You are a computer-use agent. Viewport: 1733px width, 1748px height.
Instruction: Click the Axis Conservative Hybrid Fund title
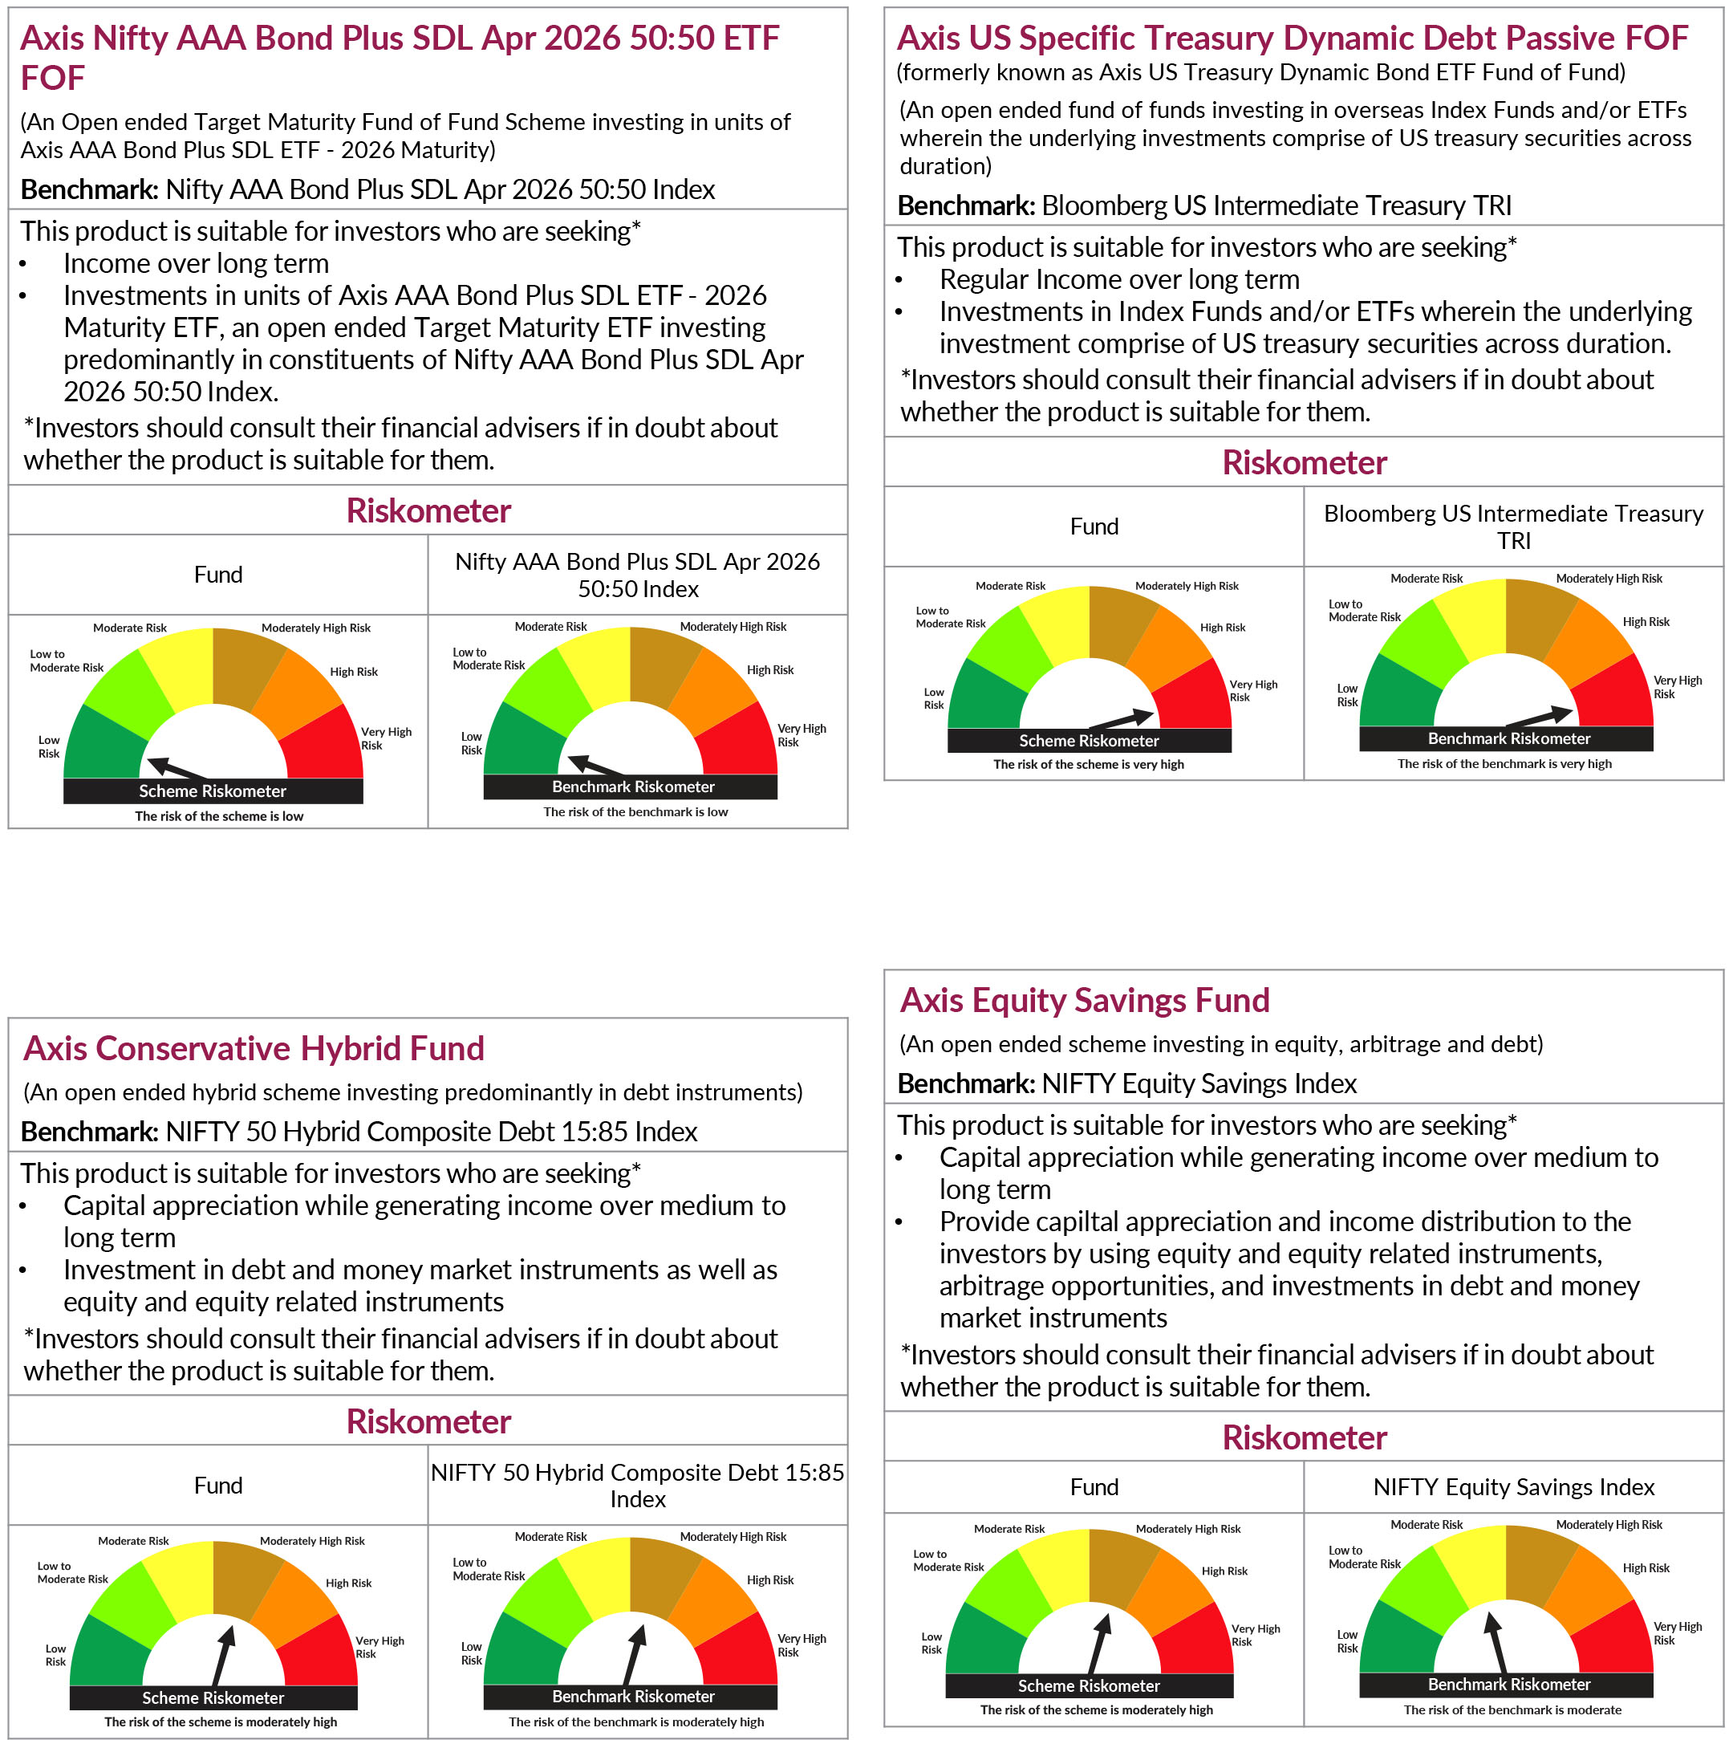254,1047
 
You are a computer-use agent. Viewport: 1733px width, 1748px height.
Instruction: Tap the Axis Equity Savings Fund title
1085,1000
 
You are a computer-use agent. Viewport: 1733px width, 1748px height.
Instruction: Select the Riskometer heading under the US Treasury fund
1304,462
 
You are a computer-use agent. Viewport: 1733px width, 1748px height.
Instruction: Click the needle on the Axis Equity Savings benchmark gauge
1497,1643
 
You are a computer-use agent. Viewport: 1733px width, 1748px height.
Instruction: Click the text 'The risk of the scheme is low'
219,816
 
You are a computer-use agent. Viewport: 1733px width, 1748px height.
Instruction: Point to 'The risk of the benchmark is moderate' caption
1512,1710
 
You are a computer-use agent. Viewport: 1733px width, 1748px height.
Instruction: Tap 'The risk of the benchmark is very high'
1504,763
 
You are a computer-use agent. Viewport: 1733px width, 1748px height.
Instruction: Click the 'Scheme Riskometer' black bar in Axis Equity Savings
1088,1685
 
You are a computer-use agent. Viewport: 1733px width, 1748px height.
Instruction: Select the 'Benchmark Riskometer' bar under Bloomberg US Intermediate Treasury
1508,738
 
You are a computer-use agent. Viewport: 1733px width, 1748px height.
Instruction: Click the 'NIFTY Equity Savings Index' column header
1513,1486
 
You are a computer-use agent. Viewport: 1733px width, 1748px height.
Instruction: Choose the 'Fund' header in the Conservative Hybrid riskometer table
218,1485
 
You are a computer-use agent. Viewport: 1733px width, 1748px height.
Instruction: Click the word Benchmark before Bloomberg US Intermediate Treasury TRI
965,205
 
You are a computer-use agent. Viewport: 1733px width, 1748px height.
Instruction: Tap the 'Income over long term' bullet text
196,263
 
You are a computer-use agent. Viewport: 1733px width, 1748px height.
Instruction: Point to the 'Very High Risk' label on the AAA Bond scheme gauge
385,738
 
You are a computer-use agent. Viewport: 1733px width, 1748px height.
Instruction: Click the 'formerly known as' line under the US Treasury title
1260,72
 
